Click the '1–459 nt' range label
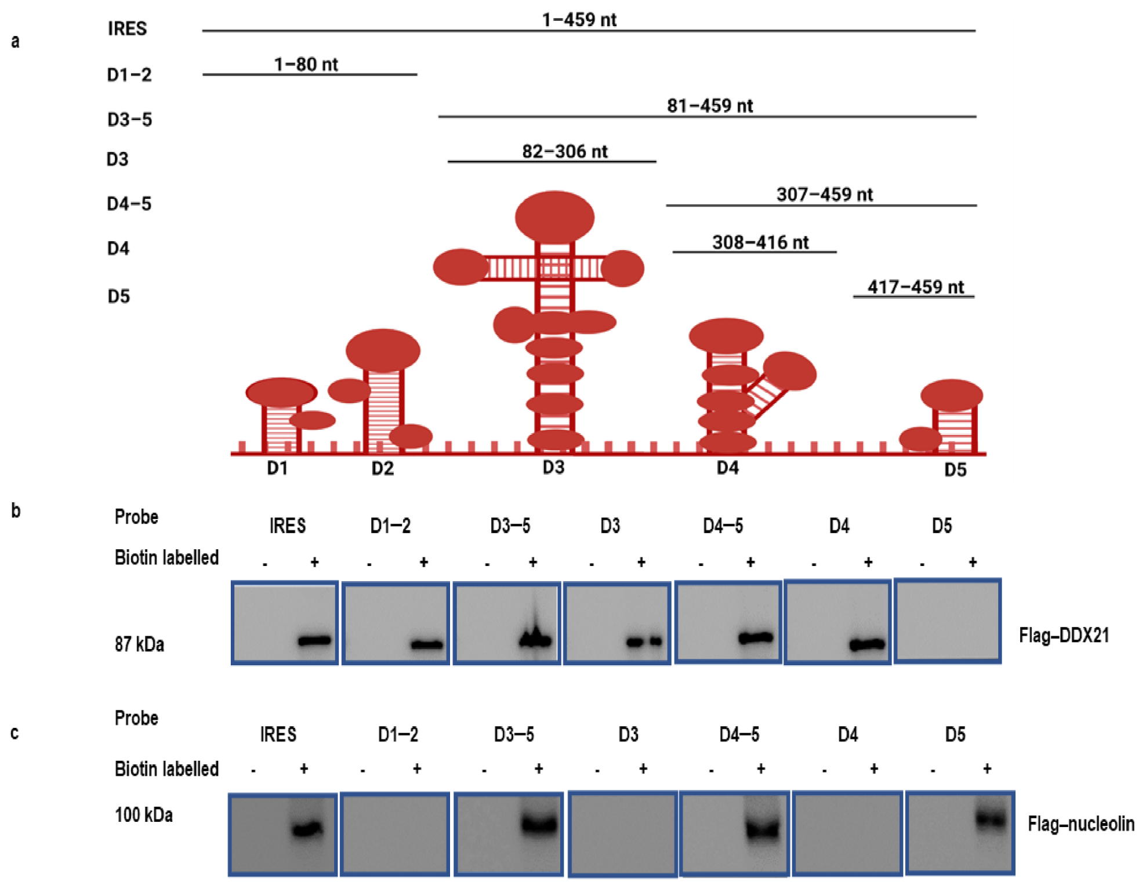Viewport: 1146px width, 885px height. pyautogui.click(x=579, y=20)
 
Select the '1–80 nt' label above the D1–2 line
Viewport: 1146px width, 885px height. pyautogui.click(x=306, y=64)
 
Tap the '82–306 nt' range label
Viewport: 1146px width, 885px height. pyautogui.click(x=564, y=151)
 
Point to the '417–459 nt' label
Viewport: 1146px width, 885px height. pyautogui.click(x=915, y=286)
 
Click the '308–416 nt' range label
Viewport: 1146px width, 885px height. pyautogui.click(x=760, y=242)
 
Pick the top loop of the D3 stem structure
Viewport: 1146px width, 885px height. pyautogui.click(x=554, y=217)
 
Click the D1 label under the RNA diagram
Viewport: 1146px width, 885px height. pyautogui.click(x=277, y=468)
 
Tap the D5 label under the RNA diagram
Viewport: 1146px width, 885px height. pyautogui.click(x=955, y=470)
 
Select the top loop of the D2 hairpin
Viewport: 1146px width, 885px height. pyautogui.click(x=383, y=350)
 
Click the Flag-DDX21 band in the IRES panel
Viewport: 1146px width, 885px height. pyautogui.click(x=314, y=641)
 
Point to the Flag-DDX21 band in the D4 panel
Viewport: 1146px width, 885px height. pyautogui.click(x=867, y=644)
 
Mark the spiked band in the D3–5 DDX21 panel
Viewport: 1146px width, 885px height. pyautogui.click(x=535, y=639)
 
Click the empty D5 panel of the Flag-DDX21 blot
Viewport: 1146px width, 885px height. pyautogui.click(x=948, y=621)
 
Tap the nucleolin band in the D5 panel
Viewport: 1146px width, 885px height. pyautogui.click(x=991, y=819)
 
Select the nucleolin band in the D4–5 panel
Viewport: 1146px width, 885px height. pyautogui.click(x=763, y=829)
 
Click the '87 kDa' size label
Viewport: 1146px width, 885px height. pyautogui.click(x=139, y=644)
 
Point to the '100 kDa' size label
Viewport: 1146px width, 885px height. pyautogui.click(x=143, y=815)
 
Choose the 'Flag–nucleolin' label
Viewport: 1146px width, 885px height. pyautogui.click(x=1080, y=824)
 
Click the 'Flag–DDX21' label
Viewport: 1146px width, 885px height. pyautogui.click(x=1064, y=636)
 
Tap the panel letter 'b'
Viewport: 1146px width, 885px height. pyautogui.click(x=16, y=511)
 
